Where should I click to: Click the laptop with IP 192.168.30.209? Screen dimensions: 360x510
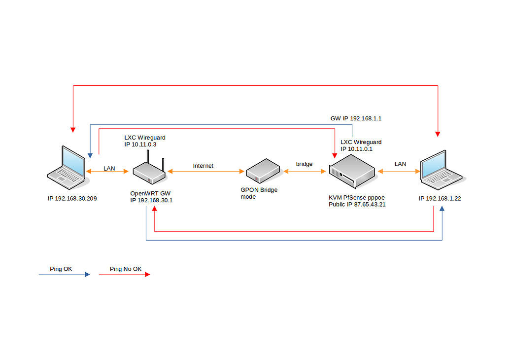click(67, 168)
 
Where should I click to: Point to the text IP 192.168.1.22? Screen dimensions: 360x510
click(440, 198)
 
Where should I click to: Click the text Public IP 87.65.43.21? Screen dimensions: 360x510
click(357, 204)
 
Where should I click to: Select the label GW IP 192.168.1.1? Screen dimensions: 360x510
click(356, 119)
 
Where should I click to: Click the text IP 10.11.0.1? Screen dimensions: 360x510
click(356, 148)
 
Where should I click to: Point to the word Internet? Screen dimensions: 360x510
click(203, 166)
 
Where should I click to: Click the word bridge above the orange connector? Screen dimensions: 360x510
click(304, 164)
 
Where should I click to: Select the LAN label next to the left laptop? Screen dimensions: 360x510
click(109, 168)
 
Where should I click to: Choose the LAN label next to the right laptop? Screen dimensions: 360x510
click(400, 164)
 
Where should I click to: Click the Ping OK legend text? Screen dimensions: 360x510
click(61, 269)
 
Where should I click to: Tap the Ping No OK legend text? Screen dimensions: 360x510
click(126, 269)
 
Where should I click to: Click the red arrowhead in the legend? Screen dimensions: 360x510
click(147, 275)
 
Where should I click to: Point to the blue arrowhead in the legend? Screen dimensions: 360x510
click(87, 275)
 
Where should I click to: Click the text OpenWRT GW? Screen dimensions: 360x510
click(150, 193)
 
